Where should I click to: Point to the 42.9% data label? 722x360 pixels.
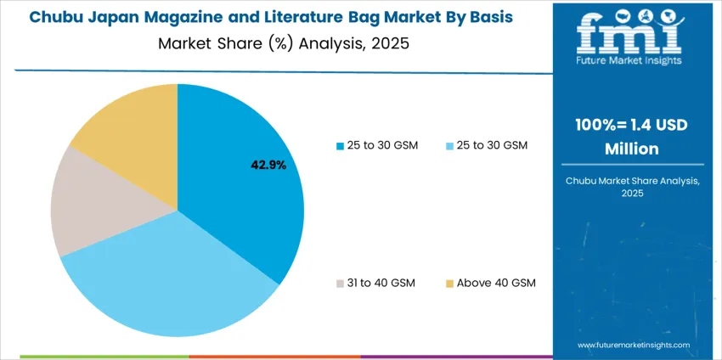tap(268, 165)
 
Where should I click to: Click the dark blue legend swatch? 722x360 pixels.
tap(341, 146)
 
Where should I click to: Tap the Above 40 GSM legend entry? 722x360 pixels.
tap(495, 283)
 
